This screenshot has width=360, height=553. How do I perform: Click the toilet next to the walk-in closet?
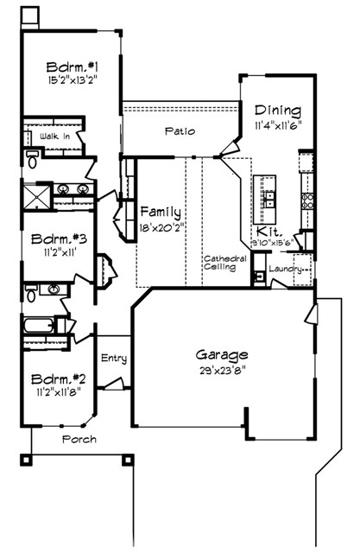(x=32, y=157)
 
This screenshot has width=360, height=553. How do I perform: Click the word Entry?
(x=114, y=358)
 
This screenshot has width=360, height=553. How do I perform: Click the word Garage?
(x=222, y=354)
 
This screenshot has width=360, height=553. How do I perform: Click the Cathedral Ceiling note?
(x=225, y=263)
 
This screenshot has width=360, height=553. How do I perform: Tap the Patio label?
(x=179, y=131)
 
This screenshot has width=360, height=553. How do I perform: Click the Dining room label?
(x=277, y=111)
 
